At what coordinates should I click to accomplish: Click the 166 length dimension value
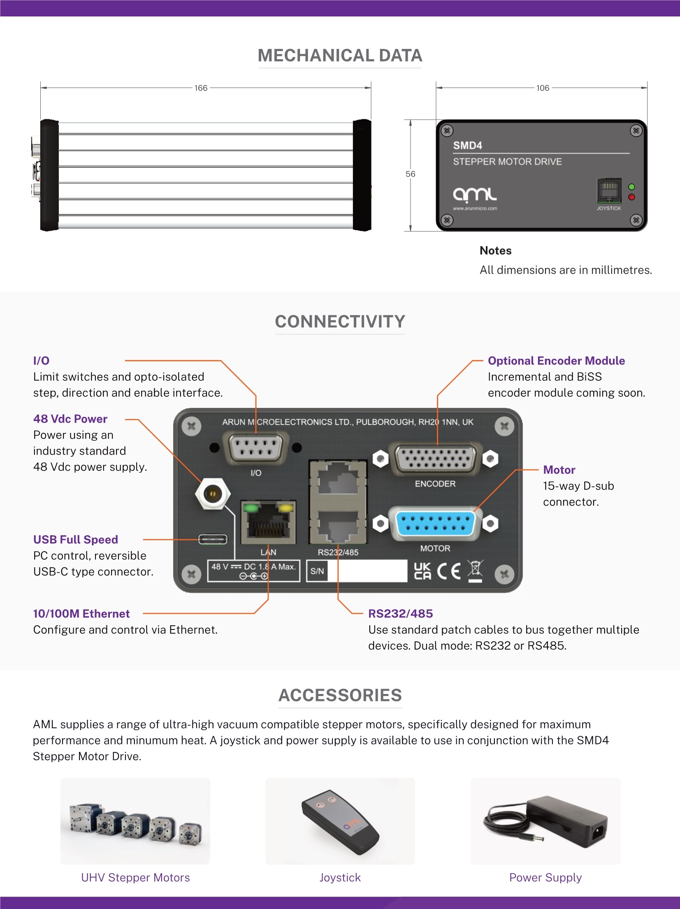pos(201,88)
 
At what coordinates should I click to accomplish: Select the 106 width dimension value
pos(543,88)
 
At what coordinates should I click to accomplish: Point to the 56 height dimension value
pos(410,174)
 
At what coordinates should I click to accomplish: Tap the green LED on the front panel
pos(631,187)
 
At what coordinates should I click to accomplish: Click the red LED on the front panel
pos(631,197)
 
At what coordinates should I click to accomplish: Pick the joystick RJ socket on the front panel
pos(609,190)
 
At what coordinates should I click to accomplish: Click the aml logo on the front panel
pos(475,195)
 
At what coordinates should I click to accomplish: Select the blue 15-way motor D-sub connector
pos(435,523)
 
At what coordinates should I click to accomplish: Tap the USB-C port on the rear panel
pos(213,539)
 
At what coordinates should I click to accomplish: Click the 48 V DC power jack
pos(213,493)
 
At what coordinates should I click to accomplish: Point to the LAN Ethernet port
pos(268,521)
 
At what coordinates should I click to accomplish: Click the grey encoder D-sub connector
pos(435,459)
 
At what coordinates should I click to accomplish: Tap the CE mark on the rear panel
pos(449,571)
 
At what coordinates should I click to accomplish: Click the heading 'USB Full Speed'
pos(76,539)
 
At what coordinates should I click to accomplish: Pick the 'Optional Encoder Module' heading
pos(556,361)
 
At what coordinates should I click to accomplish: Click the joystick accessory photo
pos(340,821)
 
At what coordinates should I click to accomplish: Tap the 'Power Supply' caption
pos(545,878)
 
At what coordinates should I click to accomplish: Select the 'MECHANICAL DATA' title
pos(340,56)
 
